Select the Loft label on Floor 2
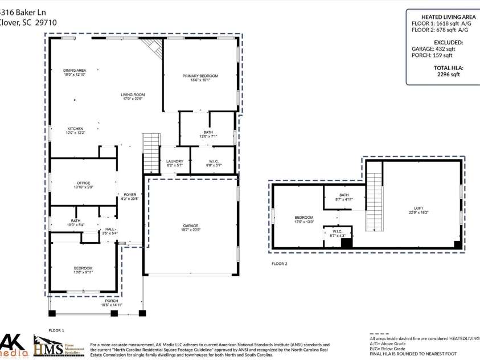coord(419,210)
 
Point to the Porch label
coord(96,303)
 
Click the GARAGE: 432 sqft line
coord(433,49)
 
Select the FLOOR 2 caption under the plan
coord(280,264)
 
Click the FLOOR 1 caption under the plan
coord(56,330)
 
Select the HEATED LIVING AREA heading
coord(448,17)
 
